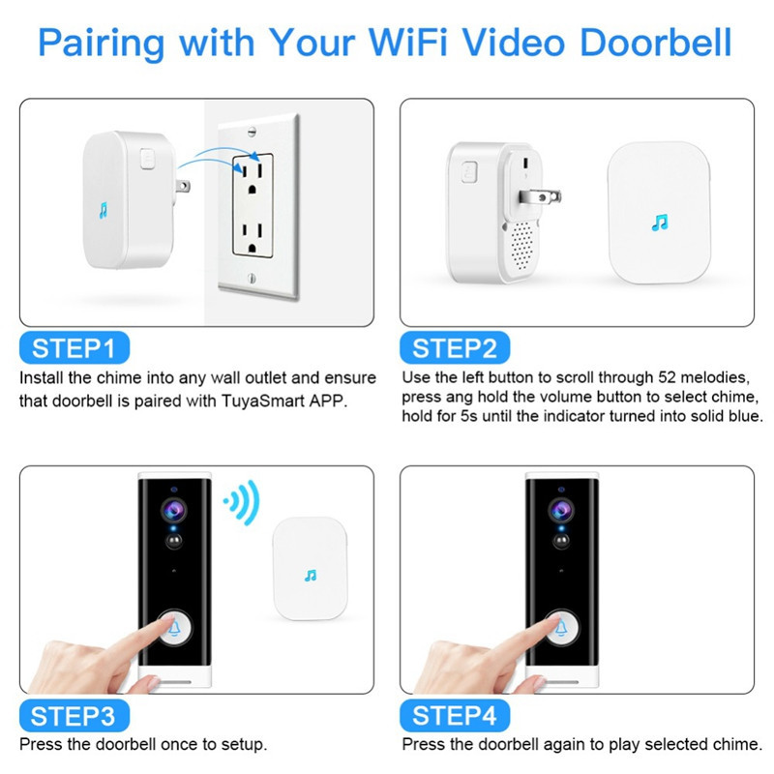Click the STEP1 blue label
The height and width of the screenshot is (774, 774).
[74, 347]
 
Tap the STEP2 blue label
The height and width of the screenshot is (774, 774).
[454, 347]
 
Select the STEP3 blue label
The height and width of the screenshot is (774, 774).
[74, 716]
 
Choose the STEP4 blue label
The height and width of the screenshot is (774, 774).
[454, 716]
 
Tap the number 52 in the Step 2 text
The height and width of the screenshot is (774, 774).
[670, 377]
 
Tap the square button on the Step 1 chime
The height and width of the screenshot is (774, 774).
[147, 156]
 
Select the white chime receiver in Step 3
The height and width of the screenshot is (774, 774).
[310, 571]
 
